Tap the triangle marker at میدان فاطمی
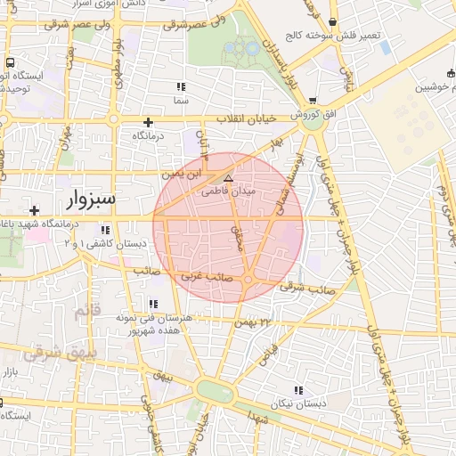click(x=228, y=178)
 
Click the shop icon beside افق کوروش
click(x=313, y=102)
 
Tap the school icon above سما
click(x=181, y=86)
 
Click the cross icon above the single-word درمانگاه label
click(x=148, y=122)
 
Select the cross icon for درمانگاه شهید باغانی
click(x=34, y=210)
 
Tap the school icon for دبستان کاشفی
click(x=106, y=230)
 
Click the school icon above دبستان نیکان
click(x=297, y=390)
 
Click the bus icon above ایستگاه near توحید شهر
click(x=10, y=64)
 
